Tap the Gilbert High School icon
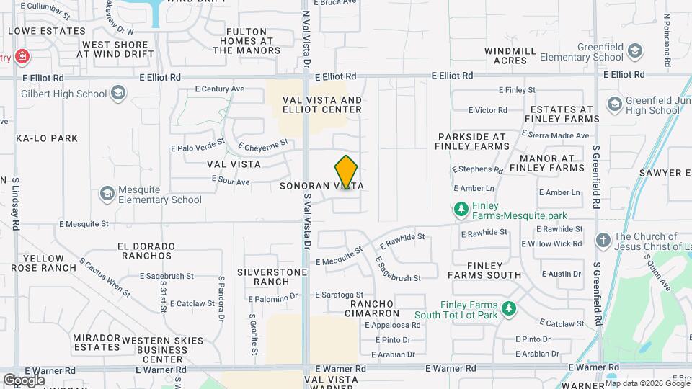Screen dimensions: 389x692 pyautogui.click(x=118, y=93)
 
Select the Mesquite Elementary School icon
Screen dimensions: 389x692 pyautogui.click(x=107, y=194)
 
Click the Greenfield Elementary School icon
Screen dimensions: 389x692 pyautogui.click(x=634, y=51)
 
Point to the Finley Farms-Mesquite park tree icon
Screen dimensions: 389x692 pyautogui.click(x=461, y=210)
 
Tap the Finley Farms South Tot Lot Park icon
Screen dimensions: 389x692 pyautogui.click(x=509, y=309)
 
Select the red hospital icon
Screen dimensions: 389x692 pyautogui.click(x=22, y=57)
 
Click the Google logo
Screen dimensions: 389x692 pyautogui.click(x=24, y=380)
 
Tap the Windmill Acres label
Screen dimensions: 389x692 pyautogui.click(x=510, y=55)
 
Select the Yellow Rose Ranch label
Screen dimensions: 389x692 pyautogui.click(x=49, y=263)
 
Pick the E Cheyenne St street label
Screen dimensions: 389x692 pyautogui.click(x=262, y=145)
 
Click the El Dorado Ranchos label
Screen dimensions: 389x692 pyautogui.click(x=146, y=250)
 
